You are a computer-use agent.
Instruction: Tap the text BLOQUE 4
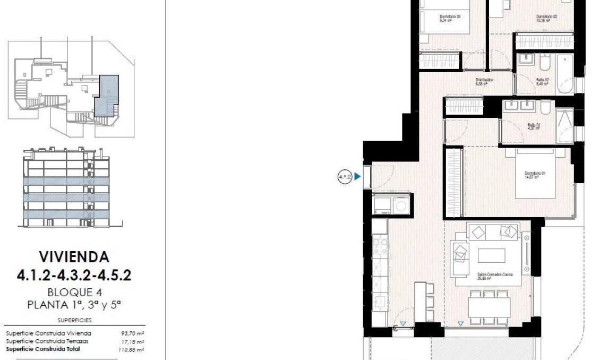click(x=74, y=292)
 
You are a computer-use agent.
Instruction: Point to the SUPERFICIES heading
click(x=74, y=320)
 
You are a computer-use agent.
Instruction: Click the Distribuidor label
click(x=484, y=81)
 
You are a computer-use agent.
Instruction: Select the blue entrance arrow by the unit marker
click(x=358, y=176)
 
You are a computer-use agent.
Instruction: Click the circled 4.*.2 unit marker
click(x=345, y=176)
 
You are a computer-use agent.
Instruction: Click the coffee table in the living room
click(x=491, y=256)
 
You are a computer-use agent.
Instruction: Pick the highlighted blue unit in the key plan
click(x=106, y=96)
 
